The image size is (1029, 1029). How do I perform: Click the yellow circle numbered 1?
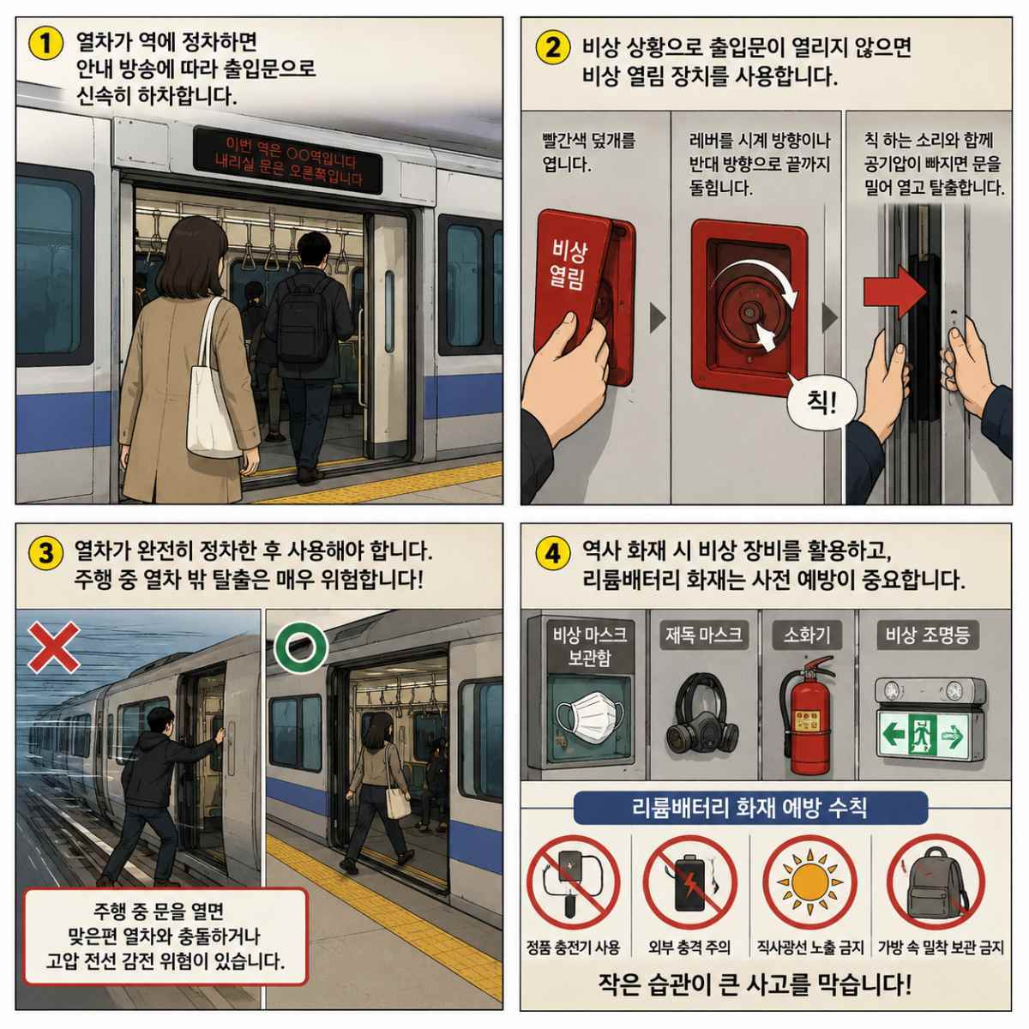[x=45, y=43]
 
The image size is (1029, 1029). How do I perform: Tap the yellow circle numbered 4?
[x=553, y=553]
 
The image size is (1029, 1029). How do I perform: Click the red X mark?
[x=54, y=647]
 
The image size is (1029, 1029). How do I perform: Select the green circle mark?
[x=300, y=647]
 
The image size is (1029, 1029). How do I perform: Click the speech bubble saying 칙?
[x=821, y=404]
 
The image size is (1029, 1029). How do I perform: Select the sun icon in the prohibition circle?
[x=809, y=882]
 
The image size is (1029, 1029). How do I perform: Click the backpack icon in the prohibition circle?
[x=936, y=882]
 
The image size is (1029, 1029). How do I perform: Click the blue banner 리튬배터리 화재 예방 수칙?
[x=750, y=808]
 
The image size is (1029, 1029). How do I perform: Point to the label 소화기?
[x=807, y=635]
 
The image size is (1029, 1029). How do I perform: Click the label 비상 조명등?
[x=928, y=635]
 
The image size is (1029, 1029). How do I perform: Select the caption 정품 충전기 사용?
[x=573, y=948]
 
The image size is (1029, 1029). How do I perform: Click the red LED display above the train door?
[x=288, y=160]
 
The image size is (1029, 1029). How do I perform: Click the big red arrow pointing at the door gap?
[x=895, y=292]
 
